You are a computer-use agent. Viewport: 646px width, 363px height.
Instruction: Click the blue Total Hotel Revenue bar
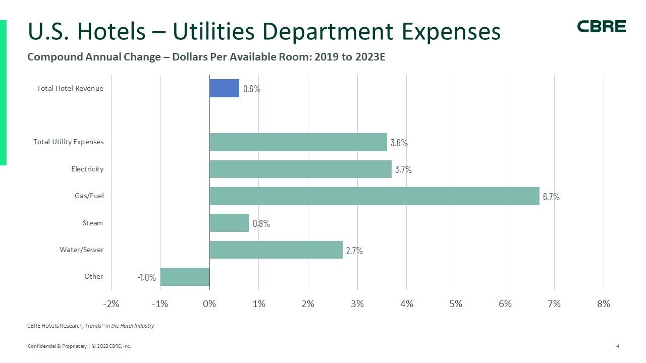[x=224, y=88]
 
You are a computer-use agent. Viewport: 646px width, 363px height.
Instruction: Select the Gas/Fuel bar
[x=374, y=196]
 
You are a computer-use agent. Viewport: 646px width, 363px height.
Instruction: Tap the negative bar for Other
[x=185, y=277]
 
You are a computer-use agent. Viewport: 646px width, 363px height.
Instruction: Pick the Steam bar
[x=229, y=223]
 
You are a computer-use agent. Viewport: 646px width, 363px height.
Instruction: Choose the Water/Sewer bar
[x=276, y=250]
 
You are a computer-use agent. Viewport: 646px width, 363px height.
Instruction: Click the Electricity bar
[x=300, y=169]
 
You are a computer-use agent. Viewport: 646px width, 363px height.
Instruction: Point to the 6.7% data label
[x=551, y=197]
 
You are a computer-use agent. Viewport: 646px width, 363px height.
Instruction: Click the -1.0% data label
[x=146, y=277]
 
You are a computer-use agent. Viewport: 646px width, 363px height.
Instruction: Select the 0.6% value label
[x=251, y=89]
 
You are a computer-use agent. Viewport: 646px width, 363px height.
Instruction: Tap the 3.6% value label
[x=399, y=143]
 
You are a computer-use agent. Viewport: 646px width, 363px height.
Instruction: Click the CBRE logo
[x=601, y=27]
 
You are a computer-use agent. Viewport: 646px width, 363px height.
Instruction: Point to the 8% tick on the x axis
[x=603, y=304]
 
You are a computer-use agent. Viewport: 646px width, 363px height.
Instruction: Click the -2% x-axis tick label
[x=111, y=304]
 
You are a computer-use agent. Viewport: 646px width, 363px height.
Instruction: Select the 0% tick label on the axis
[x=209, y=304]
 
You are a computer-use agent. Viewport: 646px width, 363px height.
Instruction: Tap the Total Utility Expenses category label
[x=68, y=142]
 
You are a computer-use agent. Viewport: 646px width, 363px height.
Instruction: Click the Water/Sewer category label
[x=81, y=250]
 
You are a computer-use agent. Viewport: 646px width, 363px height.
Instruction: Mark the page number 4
[x=618, y=346]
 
